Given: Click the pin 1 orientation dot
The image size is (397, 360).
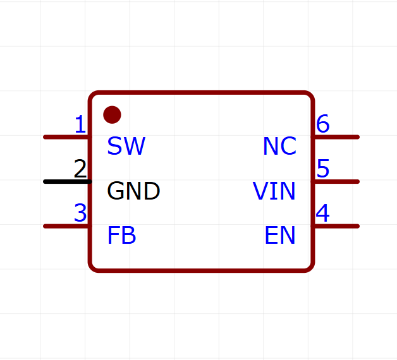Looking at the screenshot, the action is pos(112,114).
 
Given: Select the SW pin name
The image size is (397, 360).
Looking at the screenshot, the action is pos(126,146).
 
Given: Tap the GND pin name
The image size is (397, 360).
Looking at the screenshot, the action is pos(133,191).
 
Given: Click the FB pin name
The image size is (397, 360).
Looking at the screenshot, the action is pos(121,236).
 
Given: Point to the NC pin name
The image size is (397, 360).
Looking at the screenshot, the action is pos(279,146).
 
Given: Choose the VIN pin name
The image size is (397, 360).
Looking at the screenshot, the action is pos(274,191).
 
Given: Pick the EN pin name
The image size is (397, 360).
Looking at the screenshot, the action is pos(280,236).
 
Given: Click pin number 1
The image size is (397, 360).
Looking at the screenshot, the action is pos(80,124).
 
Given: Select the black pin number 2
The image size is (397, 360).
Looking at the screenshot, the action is pos(80,169).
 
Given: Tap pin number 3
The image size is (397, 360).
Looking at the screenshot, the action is pos(80,213).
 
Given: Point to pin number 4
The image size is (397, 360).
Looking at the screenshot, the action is pos(323,213).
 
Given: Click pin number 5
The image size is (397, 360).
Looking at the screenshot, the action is pos(323,169).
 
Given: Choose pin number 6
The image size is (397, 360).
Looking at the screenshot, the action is pos(323,124).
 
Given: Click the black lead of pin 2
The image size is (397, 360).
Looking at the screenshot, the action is pos(68,182).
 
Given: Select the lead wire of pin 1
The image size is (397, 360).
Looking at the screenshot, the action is pos(66,137).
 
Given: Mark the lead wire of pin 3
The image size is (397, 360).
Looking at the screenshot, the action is pos(66,226).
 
